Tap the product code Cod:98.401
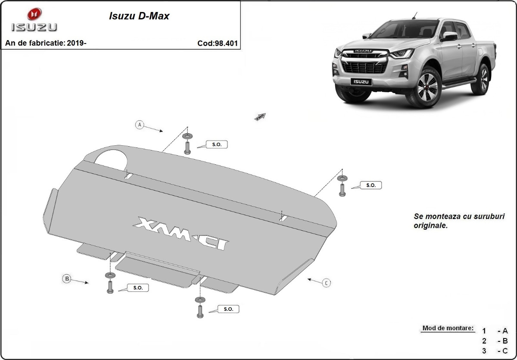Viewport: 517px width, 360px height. pyautogui.click(x=217, y=43)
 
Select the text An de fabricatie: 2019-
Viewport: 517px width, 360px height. pyautogui.click(x=46, y=43)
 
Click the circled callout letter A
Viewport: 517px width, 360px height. pyautogui.click(x=139, y=125)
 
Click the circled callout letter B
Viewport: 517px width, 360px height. pyautogui.click(x=67, y=279)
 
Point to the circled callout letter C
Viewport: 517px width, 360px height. pyautogui.click(x=327, y=283)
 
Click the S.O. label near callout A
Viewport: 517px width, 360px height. pyautogui.click(x=217, y=145)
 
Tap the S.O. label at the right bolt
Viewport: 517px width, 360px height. pyautogui.click(x=371, y=185)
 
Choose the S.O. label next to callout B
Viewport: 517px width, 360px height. pyautogui.click(x=138, y=288)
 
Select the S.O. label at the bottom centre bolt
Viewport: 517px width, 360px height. pyautogui.click(x=228, y=309)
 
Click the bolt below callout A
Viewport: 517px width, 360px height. pyautogui.click(x=187, y=148)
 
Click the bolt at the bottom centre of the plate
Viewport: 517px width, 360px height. pyautogui.click(x=200, y=311)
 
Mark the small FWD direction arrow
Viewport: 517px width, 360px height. pyautogui.click(x=261, y=116)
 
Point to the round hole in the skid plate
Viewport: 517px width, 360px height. pyautogui.click(x=111, y=158)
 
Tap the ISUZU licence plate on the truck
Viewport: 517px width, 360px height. pyautogui.click(x=360, y=81)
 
